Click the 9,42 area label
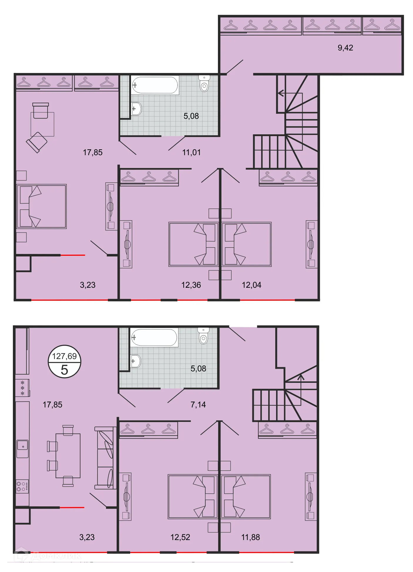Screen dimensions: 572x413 345,48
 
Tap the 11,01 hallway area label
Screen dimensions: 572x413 191,153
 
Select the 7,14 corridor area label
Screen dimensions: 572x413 198,405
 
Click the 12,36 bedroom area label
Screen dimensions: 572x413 191,285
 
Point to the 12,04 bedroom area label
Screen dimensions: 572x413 251,285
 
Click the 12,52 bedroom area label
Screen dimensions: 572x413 180,537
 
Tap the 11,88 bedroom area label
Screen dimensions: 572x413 251,537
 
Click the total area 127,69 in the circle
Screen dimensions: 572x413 64,356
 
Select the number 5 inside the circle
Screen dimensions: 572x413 64,370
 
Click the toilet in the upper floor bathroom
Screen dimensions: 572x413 204,84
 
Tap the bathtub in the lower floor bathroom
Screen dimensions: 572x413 154,338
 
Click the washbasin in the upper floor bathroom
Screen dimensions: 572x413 136,109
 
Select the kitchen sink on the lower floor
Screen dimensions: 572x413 22,449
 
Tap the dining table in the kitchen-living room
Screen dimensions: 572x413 68,456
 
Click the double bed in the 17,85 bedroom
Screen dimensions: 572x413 42,207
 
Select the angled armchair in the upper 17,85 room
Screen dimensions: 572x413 37,142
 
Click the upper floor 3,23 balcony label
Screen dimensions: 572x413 88,285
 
